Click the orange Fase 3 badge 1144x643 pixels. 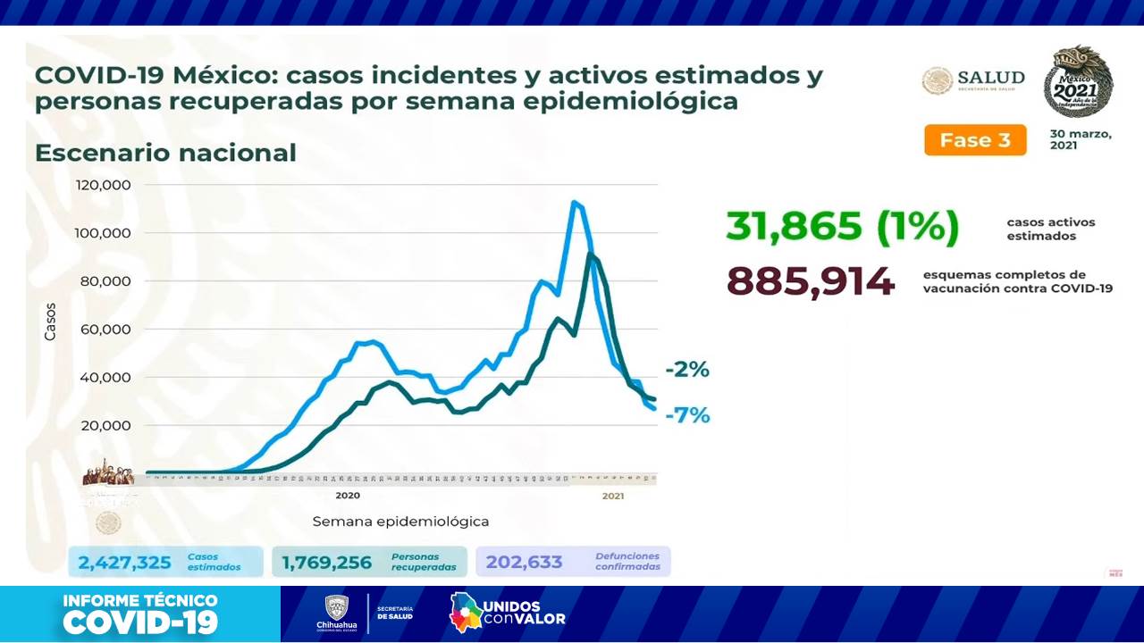(x=975, y=140)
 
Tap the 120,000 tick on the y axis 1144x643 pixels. (x=105, y=185)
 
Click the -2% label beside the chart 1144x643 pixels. (x=686, y=370)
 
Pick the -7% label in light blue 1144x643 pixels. (x=686, y=415)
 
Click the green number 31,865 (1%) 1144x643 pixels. (x=842, y=227)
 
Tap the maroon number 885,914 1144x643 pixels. (x=810, y=281)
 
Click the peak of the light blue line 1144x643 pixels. (x=573, y=203)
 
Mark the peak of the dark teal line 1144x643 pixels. (x=589, y=255)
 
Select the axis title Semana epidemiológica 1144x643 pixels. (x=400, y=522)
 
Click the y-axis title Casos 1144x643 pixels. (x=50, y=321)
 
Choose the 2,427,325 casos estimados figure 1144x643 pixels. (x=124, y=562)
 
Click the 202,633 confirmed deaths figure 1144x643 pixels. (x=525, y=562)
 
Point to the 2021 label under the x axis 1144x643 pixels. (x=612, y=496)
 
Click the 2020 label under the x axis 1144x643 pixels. (x=348, y=496)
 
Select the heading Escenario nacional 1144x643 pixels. (x=165, y=153)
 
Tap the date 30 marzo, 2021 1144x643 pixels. (x=1081, y=139)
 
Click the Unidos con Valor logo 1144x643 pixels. (x=507, y=613)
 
